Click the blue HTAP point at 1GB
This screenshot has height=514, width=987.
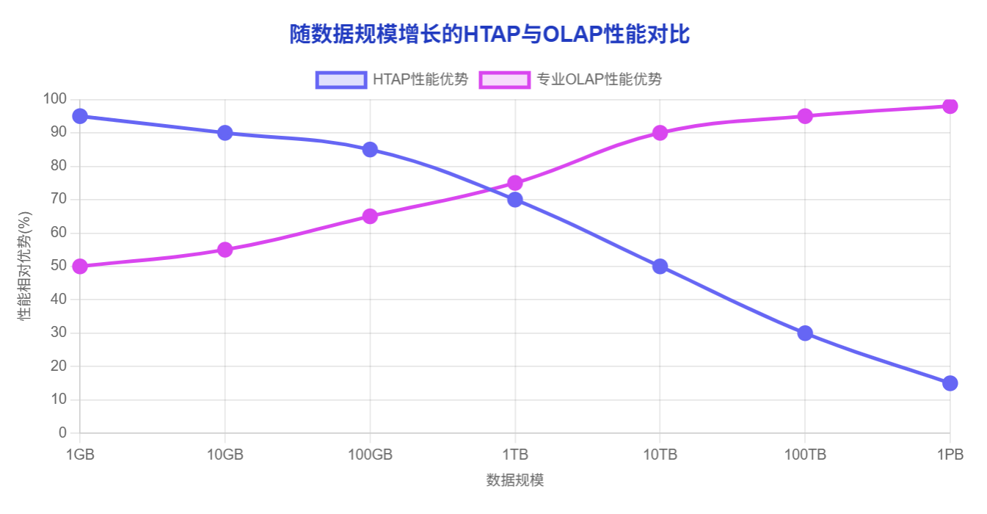click(x=80, y=116)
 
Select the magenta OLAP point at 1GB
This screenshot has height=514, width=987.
click(x=80, y=266)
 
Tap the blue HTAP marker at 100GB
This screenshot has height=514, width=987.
click(x=370, y=150)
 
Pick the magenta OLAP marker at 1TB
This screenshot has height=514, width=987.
click(x=515, y=183)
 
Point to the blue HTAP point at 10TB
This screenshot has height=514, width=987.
click(x=660, y=266)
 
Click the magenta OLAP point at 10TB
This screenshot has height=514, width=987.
click(x=660, y=133)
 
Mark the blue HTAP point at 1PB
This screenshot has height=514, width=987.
click(x=950, y=383)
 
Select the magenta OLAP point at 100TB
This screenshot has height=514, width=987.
click(x=805, y=116)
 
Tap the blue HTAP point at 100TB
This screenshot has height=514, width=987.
click(x=805, y=333)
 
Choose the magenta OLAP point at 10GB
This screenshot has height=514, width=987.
click(x=225, y=250)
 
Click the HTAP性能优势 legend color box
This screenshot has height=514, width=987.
click(x=340, y=79)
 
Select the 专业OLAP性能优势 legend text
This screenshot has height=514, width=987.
click(x=599, y=79)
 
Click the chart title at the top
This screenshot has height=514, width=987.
click(x=489, y=35)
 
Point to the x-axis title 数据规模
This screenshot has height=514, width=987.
click(x=515, y=480)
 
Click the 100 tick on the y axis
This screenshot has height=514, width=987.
click(x=55, y=99)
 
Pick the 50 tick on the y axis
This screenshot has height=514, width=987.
click(x=59, y=266)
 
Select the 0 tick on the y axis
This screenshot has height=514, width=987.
click(x=62, y=432)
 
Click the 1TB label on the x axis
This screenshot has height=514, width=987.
click(x=515, y=455)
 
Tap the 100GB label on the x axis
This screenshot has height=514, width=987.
click(x=370, y=455)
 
